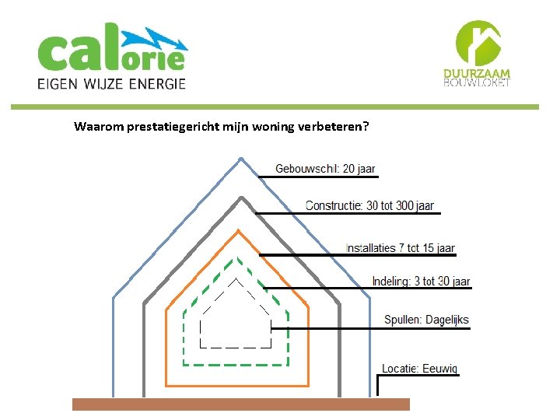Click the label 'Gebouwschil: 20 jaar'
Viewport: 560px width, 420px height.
click(x=325, y=169)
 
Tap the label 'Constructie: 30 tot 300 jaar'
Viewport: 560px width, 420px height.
click(x=369, y=206)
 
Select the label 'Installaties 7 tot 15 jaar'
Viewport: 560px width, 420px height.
click(x=400, y=248)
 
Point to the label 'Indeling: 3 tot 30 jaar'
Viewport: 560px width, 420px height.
click(x=421, y=282)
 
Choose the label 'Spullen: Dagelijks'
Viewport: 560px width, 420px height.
click(x=426, y=320)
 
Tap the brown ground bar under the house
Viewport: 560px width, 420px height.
click(x=240, y=404)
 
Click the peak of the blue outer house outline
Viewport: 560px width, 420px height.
click(x=240, y=158)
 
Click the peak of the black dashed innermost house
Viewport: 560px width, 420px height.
click(x=236, y=278)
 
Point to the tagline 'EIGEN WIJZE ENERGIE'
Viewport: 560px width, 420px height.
click(x=112, y=83)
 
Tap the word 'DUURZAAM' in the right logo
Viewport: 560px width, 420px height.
click(x=477, y=74)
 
